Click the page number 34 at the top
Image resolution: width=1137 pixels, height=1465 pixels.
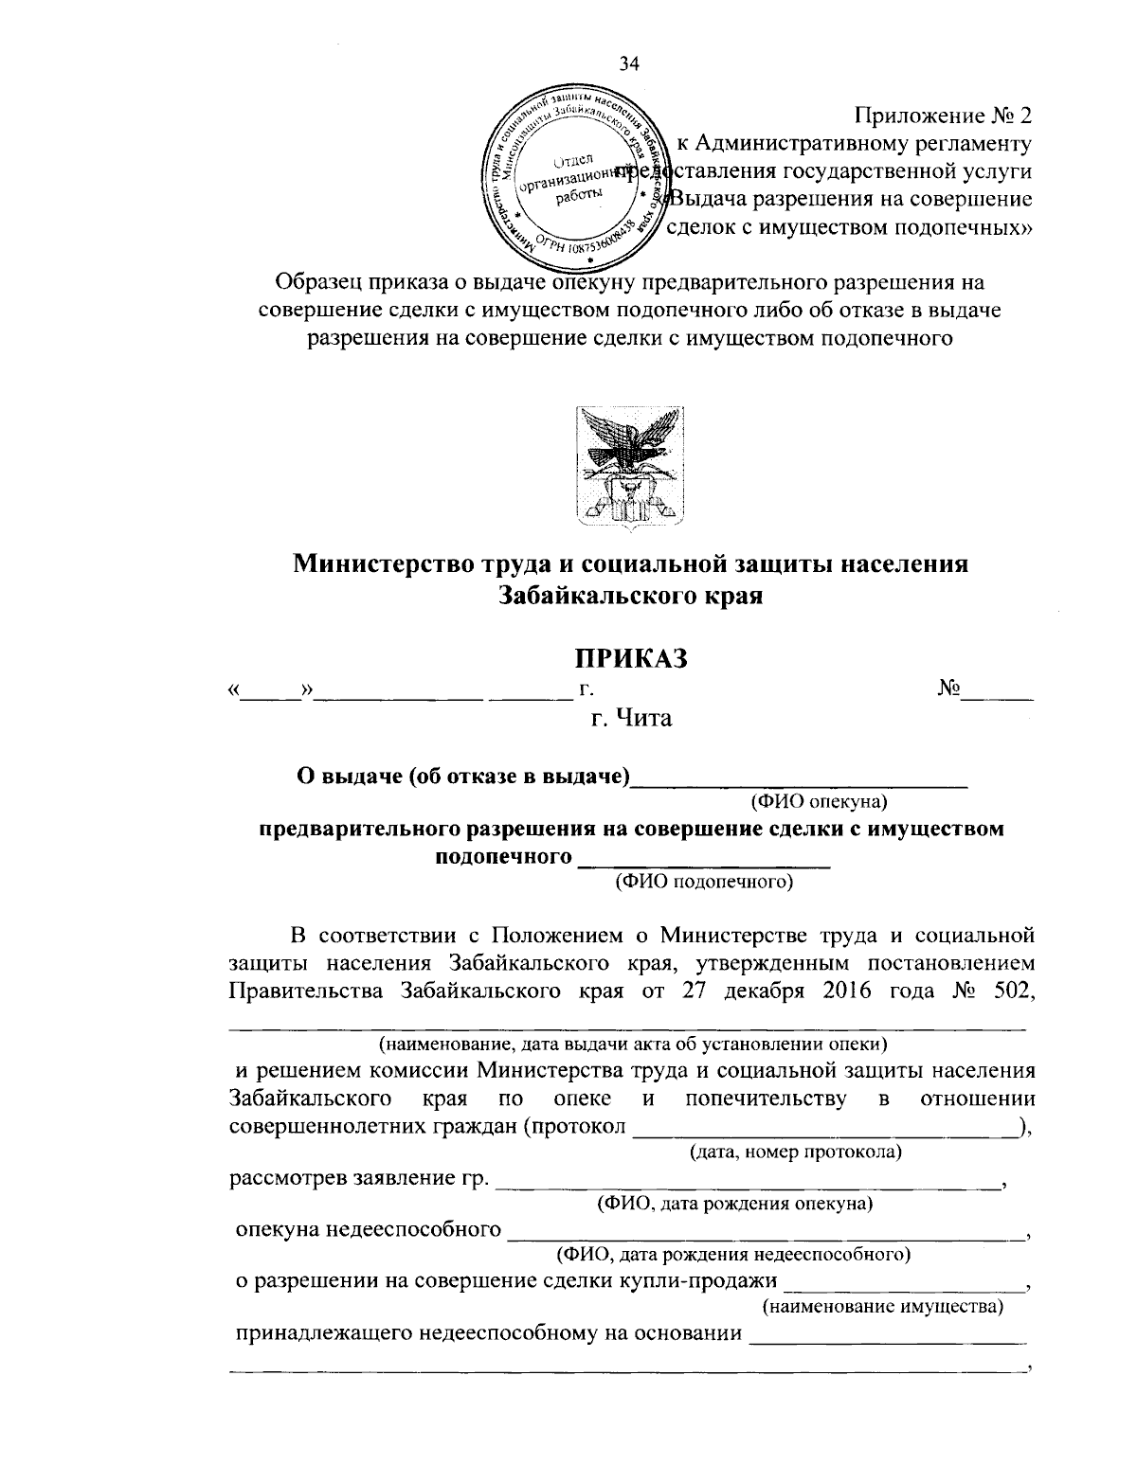629,64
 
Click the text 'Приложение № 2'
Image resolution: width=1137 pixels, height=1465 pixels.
943,116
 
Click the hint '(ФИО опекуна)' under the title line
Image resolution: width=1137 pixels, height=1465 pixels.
819,803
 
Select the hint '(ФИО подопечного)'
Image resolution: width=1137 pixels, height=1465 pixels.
703,883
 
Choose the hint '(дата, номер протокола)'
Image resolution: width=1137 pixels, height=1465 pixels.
794,1152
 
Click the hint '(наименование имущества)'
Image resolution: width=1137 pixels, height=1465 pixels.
883,1308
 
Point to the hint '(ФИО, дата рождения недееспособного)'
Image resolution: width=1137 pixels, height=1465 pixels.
732,1256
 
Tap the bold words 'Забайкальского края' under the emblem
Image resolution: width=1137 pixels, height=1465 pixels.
630,597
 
